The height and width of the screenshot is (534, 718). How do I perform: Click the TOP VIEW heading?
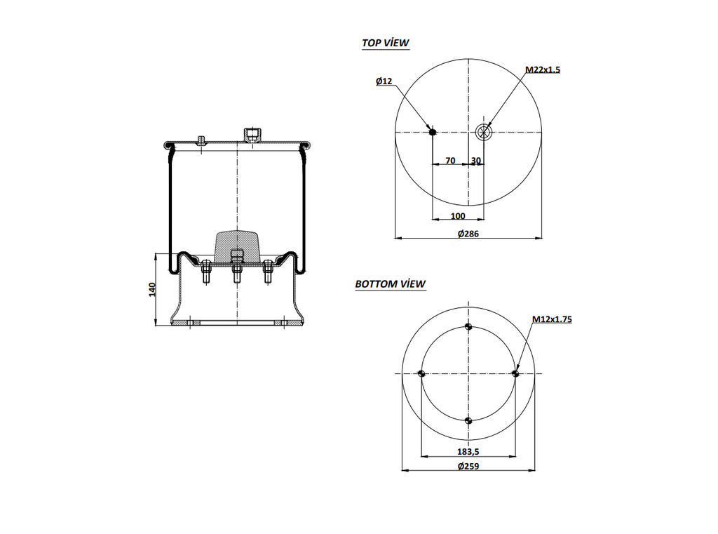tap(385, 43)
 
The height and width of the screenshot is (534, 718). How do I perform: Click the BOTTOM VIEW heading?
tap(390, 284)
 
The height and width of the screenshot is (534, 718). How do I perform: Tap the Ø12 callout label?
tap(384, 81)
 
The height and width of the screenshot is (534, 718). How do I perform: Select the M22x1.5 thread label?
tap(543, 69)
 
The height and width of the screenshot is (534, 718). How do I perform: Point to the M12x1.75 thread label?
tap(552, 319)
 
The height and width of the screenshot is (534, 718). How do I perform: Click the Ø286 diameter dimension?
tap(468, 234)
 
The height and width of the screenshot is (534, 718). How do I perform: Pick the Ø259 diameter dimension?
tap(468, 467)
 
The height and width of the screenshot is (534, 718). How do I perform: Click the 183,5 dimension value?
tap(468, 453)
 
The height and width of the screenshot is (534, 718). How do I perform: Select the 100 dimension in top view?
tap(458, 215)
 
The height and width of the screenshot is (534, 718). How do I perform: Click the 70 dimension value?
tap(450, 161)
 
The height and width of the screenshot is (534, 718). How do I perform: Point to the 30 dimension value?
tap(476, 161)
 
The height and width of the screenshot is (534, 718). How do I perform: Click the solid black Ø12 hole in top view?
tap(433, 131)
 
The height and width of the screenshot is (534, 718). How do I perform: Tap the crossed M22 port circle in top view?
tap(484, 131)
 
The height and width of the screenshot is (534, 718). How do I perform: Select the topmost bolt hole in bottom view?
tap(468, 327)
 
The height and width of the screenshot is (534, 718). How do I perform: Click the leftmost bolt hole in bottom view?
tap(421, 374)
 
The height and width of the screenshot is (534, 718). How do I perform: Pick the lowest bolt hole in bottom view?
tap(468, 421)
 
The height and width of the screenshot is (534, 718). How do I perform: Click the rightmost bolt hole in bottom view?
tap(515, 374)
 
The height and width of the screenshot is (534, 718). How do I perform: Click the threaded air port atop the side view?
tap(250, 134)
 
